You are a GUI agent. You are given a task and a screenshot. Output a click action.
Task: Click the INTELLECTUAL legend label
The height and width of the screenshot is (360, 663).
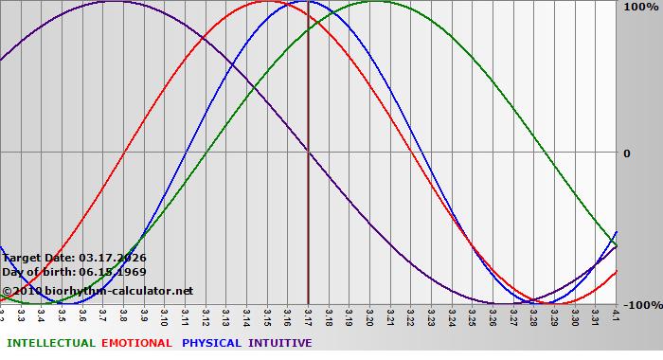pyautogui.click(x=50, y=343)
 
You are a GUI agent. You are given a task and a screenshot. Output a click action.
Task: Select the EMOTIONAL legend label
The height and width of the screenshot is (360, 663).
pyautogui.click(x=136, y=343)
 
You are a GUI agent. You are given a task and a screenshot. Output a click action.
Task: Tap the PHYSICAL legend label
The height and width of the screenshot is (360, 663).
pyautogui.click(x=211, y=343)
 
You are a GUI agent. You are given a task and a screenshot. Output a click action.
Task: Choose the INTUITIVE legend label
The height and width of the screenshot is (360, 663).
pyautogui.click(x=280, y=343)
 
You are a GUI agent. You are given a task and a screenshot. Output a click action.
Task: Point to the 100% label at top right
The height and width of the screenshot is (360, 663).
pyautogui.click(x=641, y=8)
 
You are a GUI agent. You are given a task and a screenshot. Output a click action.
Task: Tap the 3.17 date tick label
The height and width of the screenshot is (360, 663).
pyautogui.click(x=309, y=315)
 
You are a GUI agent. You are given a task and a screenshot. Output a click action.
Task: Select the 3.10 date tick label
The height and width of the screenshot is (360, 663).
pyautogui.click(x=165, y=315)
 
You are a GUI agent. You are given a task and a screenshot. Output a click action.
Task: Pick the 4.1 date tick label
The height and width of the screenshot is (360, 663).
pyautogui.click(x=617, y=314)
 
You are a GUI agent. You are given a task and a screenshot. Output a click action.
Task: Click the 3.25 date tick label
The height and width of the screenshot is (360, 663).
pyautogui.click(x=473, y=315)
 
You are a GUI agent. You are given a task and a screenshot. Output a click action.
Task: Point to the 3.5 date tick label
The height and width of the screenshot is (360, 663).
pyautogui.click(x=62, y=314)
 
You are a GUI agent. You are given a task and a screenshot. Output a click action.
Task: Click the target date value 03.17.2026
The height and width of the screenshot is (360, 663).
pyautogui.click(x=113, y=258)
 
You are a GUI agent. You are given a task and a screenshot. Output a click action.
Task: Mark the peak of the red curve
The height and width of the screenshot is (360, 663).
pyautogui.click(x=268, y=2)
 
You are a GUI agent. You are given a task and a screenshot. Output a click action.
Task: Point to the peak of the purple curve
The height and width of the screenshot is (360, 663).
pyautogui.click(x=114, y=2)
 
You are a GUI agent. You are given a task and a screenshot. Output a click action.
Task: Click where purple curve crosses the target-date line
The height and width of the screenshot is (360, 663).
pyautogui.click(x=309, y=152)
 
